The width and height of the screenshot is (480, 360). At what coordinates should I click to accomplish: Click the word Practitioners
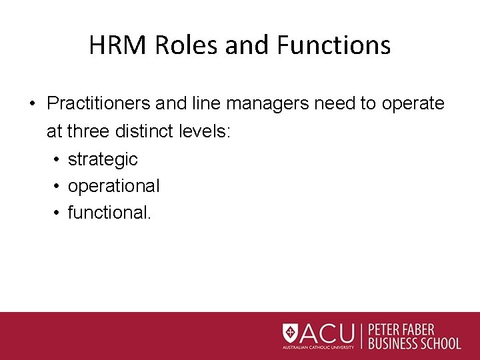tap(97, 104)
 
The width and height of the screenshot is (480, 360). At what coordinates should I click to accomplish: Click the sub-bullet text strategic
tap(103, 159)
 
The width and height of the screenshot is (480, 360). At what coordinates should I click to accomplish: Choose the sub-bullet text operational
tap(113, 186)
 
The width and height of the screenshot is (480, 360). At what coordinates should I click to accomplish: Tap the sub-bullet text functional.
tap(109, 213)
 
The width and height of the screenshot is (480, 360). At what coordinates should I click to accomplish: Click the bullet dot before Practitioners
tap(32, 104)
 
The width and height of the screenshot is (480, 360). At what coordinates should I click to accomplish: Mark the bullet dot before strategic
tap(55, 159)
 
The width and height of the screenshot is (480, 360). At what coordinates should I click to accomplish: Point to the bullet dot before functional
tap(55, 213)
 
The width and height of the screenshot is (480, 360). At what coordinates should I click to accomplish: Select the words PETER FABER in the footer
tap(401, 330)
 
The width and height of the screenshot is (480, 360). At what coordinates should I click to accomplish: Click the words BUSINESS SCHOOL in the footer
tap(413, 344)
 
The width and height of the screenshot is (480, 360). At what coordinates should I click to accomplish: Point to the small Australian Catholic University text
tap(318, 347)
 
